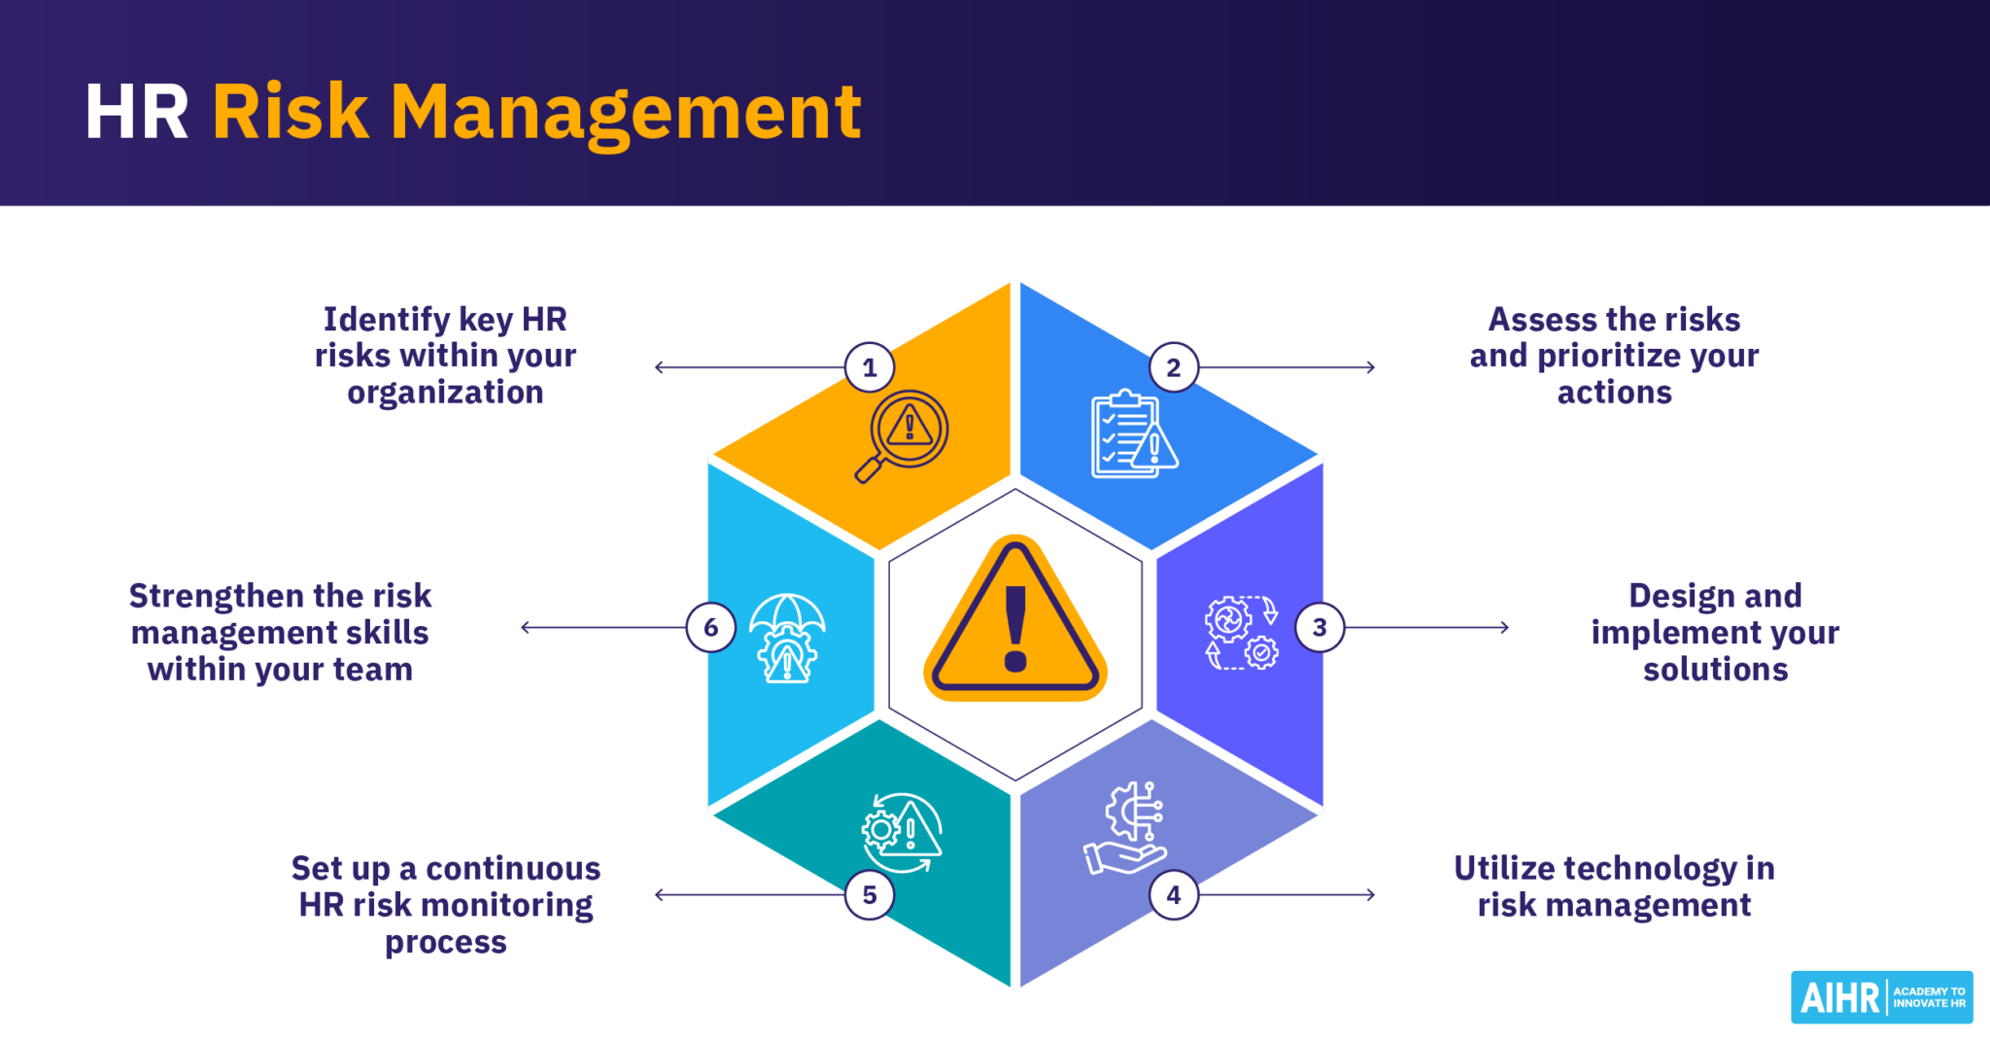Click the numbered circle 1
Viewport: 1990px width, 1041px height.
click(x=870, y=367)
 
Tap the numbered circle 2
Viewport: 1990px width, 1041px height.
click(x=1174, y=367)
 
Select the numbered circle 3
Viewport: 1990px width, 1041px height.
click(x=1320, y=628)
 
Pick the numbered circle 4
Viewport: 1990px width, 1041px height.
click(x=1174, y=894)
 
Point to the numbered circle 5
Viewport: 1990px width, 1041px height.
click(x=870, y=894)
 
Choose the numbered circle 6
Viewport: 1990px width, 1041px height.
click(x=711, y=628)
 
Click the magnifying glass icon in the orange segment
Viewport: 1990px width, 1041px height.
click(x=902, y=435)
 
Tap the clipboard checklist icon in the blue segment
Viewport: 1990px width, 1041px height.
click(x=1133, y=434)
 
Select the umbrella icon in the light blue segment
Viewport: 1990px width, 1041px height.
click(x=787, y=638)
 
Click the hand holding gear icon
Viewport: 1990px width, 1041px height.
click(x=1127, y=829)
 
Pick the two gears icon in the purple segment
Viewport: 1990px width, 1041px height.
click(x=1242, y=633)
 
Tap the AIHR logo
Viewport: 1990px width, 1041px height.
click(x=1881, y=997)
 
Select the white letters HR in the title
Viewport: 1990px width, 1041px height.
click(x=136, y=113)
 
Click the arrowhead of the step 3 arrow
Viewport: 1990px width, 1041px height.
click(x=1505, y=628)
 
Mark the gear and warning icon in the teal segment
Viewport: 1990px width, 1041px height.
click(x=902, y=832)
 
